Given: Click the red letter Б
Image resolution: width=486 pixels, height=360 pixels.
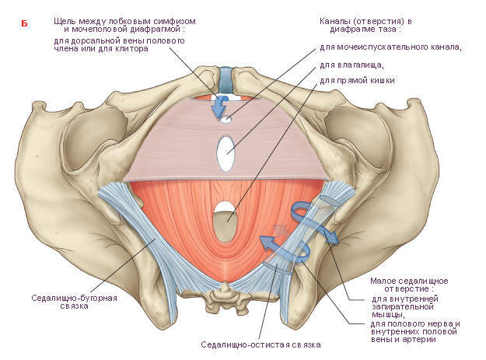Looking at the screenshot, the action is [24, 23].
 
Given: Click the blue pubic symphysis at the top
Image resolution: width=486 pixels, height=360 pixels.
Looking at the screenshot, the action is [226, 80].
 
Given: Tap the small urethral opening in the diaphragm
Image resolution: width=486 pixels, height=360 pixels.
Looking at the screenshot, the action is [226, 120].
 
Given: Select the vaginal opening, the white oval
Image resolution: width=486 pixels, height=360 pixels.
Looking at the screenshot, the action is [226, 153].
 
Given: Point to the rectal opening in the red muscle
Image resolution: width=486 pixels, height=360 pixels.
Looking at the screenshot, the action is [226, 222].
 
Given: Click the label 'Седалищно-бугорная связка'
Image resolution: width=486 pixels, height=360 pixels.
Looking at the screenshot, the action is [75, 302].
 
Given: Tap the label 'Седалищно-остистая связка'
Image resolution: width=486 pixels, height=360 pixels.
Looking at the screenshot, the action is [260, 344].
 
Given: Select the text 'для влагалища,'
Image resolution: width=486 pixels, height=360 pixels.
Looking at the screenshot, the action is [351, 65].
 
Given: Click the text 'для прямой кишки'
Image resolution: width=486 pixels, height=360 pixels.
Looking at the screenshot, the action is [357, 81].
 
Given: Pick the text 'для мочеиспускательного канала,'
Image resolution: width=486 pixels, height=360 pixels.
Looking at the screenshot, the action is [390, 47].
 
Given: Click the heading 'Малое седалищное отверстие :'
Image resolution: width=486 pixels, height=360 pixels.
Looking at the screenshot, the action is [409, 285].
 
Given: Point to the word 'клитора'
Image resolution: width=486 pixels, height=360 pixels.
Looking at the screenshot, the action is [131, 49].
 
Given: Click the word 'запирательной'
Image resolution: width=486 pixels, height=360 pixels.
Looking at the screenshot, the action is [403, 307].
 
